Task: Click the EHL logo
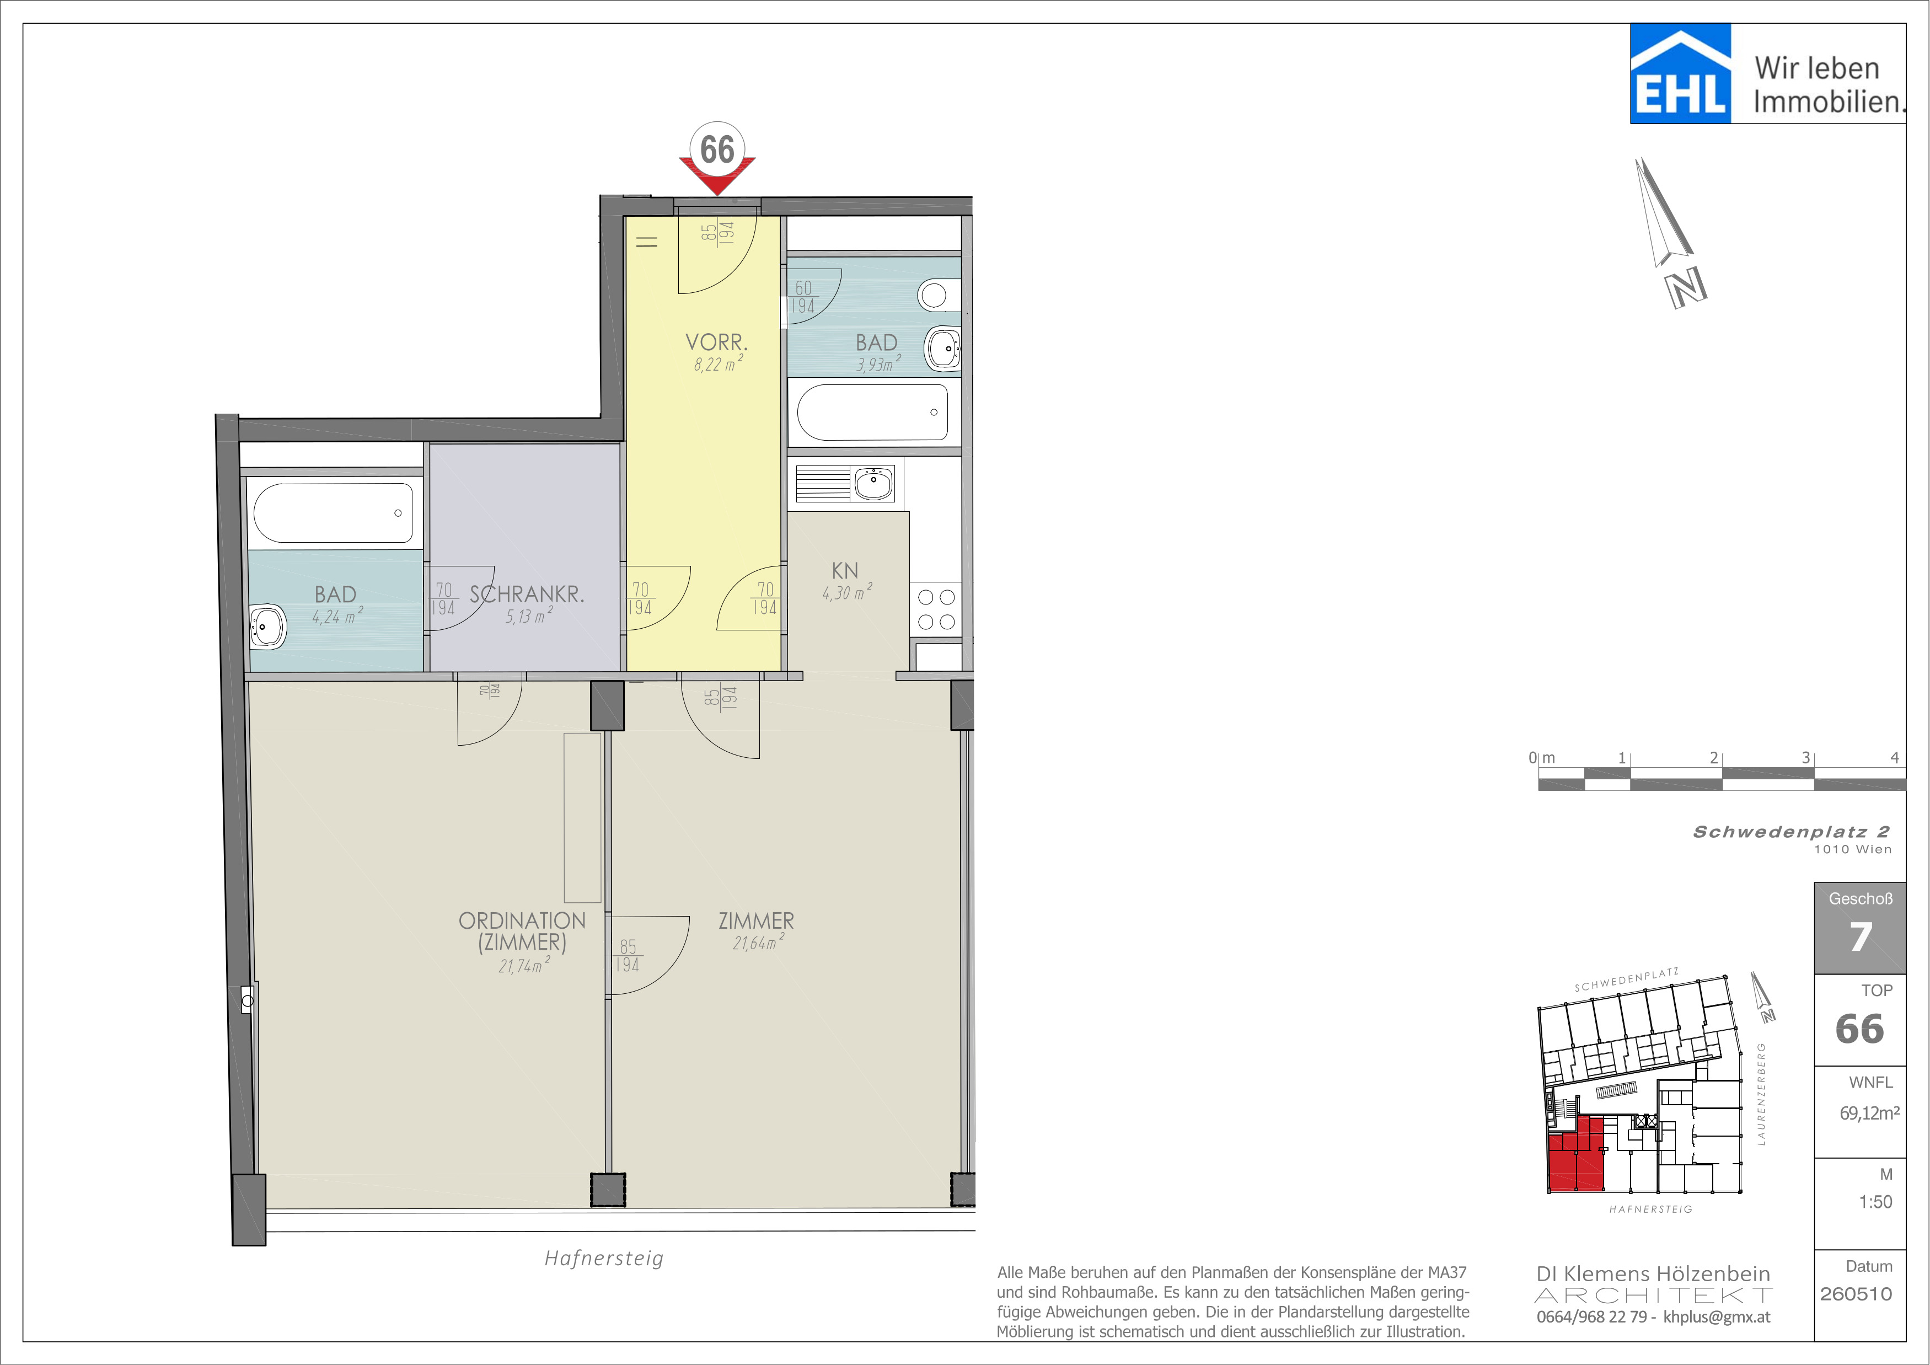tap(1680, 73)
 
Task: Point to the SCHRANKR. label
tap(527, 594)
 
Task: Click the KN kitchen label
tap(845, 571)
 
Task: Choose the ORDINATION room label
tap(522, 920)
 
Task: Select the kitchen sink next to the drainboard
tap(874, 484)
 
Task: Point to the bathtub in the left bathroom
tap(334, 513)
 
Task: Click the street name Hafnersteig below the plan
tap(604, 1258)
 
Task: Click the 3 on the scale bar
tap(1805, 757)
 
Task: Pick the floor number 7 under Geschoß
tap(1860, 936)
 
